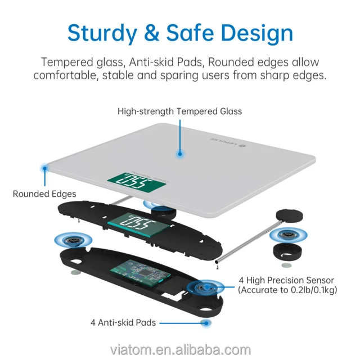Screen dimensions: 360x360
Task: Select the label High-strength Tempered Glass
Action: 179,111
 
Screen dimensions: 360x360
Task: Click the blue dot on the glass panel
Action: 180,153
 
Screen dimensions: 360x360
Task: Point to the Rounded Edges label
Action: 44,194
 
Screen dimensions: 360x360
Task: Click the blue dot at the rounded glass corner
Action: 44,168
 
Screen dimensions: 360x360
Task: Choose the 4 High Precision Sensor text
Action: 286,280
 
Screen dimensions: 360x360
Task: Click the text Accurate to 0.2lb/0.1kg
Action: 286,290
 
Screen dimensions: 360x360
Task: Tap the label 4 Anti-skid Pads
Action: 123,323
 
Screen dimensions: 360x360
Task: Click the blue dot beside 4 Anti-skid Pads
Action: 206,323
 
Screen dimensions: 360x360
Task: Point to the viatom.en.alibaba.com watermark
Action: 180,350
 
